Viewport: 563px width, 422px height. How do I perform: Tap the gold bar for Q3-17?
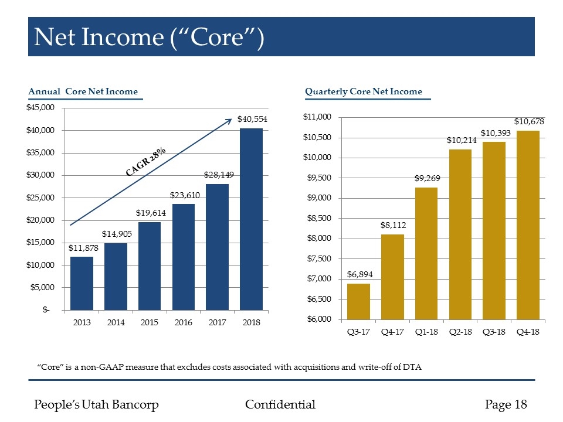coord(358,301)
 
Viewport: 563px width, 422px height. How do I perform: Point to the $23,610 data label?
coord(184,195)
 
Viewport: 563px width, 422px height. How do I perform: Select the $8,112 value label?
coord(393,224)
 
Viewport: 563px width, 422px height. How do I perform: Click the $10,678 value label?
coord(530,121)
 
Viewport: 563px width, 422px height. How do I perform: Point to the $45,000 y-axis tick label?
coord(39,108)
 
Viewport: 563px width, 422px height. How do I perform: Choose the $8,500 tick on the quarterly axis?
coord(318,219)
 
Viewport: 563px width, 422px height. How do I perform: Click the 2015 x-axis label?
coord(150,322)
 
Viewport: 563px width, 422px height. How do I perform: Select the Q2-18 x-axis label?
coord(460,332)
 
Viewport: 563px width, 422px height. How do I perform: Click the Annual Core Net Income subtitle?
coord(83,91)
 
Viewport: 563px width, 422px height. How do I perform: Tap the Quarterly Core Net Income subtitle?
coord(364,91)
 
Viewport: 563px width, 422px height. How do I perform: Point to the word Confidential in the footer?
coord(280,404)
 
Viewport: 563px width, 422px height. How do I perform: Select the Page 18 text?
coord(506,404)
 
